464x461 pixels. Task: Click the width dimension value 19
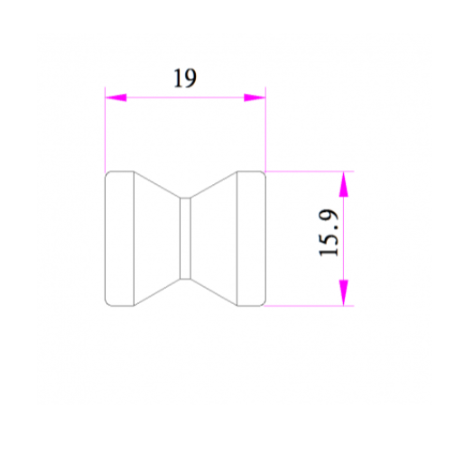point(185,78)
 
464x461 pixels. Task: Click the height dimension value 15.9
point(329,233)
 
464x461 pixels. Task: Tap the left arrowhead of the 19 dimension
point(116,97)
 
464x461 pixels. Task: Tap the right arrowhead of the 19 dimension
point(255,97)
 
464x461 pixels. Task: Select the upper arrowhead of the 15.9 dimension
point(344,184)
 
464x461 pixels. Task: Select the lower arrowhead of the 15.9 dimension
point(344,292)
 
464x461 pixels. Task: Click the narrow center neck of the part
point(185,238)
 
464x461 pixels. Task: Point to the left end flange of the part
point(119,238)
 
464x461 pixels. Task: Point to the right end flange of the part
point(251,238)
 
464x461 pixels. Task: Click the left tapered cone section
point(157,238)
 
